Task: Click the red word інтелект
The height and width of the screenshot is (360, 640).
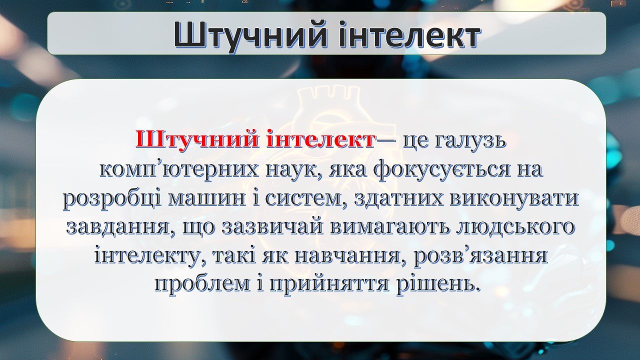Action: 320,139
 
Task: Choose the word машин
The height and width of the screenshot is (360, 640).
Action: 206,198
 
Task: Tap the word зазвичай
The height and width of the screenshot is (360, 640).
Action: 274,227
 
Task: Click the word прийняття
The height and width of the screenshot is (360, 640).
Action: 329,285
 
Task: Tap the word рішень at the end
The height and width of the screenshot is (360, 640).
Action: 437,284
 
